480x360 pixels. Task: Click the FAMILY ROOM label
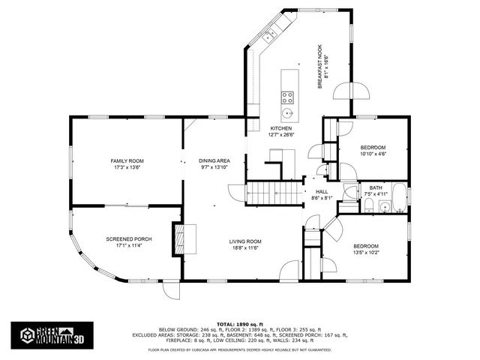point(127,161)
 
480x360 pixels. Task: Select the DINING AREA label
point(214,161)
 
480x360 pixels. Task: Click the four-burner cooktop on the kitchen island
point(287,96)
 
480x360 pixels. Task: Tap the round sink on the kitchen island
point(287,114)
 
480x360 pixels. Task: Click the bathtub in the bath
point(399,198)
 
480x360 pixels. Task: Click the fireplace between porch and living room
point(178,238)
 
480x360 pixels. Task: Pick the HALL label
point(322,192)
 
